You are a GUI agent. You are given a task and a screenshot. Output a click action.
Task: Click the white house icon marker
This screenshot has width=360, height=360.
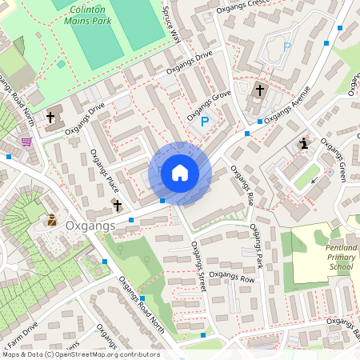(180, 172)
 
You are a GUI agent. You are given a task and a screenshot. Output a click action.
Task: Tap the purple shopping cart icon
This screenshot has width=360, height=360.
(26, 142)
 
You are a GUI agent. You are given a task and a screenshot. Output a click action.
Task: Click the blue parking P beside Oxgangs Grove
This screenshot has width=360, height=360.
(204, 122)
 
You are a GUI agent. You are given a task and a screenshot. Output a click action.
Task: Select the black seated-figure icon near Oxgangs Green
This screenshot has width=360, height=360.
(304, 143)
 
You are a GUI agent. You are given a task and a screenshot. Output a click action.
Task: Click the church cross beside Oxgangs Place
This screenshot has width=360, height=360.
(118, 206)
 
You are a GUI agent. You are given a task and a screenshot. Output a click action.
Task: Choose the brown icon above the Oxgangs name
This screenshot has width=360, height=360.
(52, 219)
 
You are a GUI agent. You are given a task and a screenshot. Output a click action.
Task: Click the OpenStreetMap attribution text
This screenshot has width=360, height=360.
(81, 354)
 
